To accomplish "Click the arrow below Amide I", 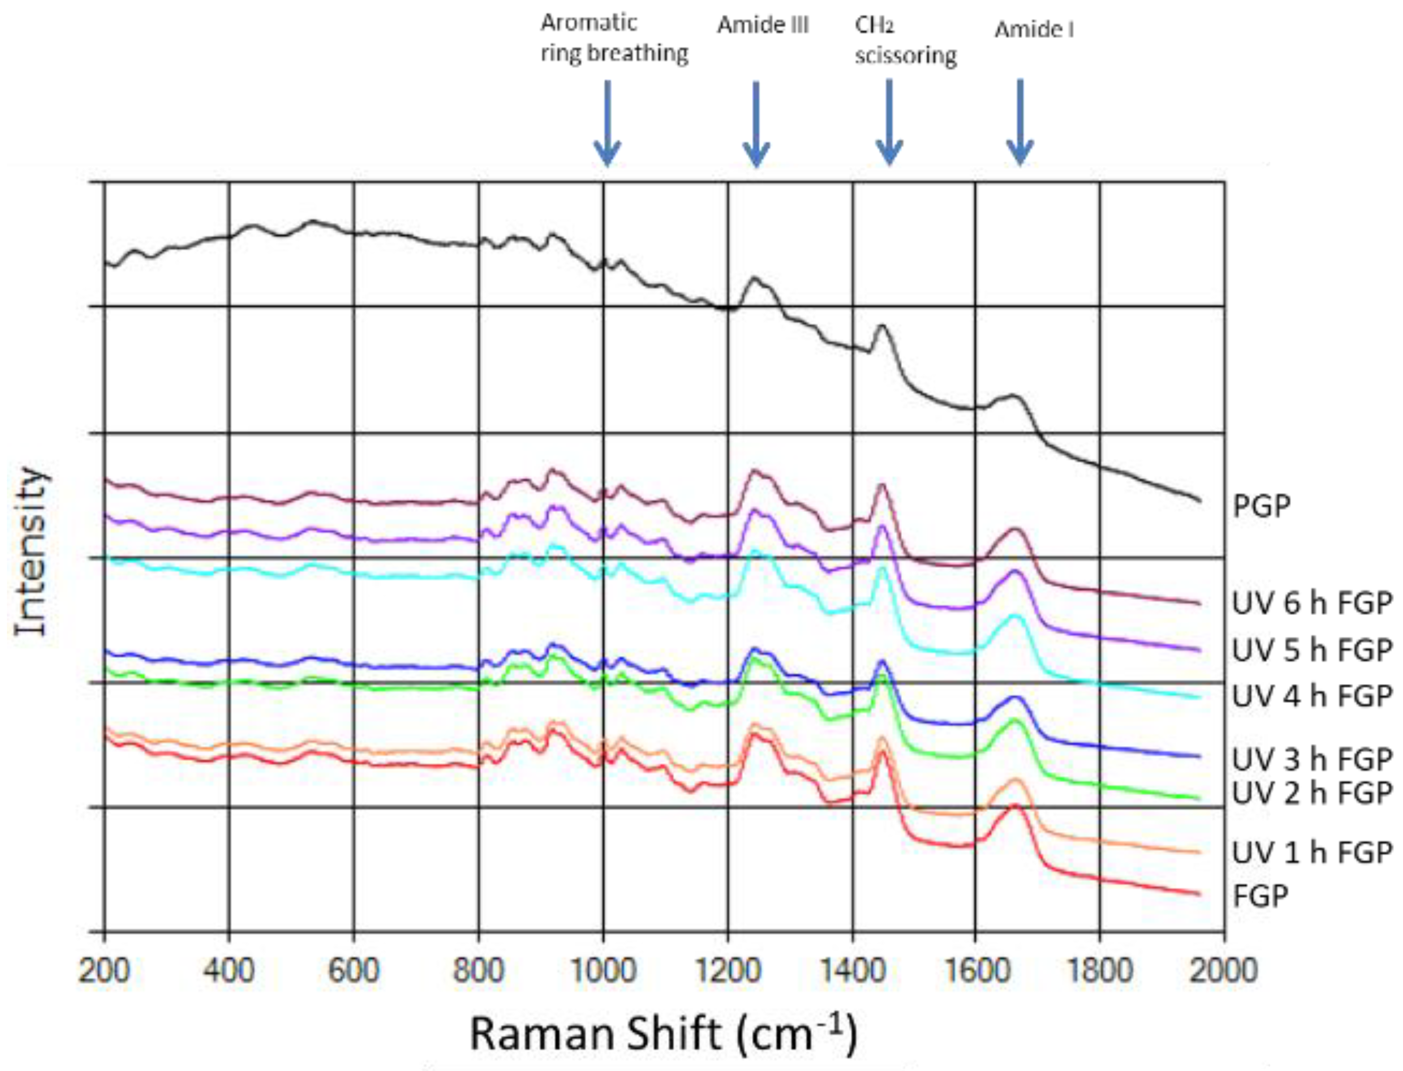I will pyautogui.click(x=1020, y=122).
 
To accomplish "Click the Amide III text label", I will pyautogui.click(x=763, y=26).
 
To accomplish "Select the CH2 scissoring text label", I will pyautogui.click(x=905, y=41).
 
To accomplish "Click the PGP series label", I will pyautogui.click(x=1261, y=507).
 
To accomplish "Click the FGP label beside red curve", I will pyautogui.click(x=1260, y=896).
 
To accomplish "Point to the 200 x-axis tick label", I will pyautogui.click(x=105, y=971).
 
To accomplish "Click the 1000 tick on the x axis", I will pyautogui.click(x=603, y=971).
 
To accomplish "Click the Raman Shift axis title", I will pyautogui.click(x=663, y=1034).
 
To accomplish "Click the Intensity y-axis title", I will pyautogui.click(x=32, y=552).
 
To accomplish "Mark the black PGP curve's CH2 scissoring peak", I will pyautogui.click(x=882, y=326).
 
